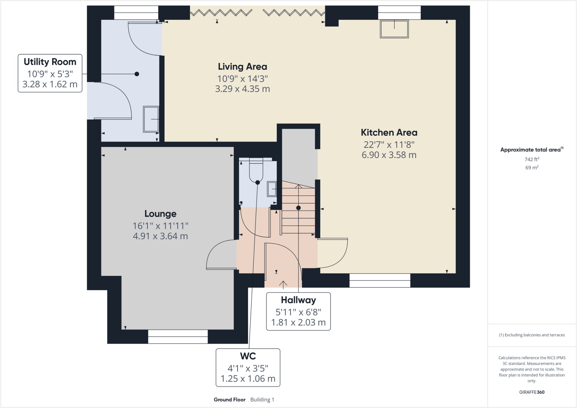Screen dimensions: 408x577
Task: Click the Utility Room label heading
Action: point(50,62)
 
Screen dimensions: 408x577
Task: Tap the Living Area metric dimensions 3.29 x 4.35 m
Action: point(242,89)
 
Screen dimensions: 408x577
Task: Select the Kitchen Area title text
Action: point(389,133)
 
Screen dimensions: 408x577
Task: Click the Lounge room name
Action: point(160,214)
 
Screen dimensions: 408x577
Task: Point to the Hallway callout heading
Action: point(298,300)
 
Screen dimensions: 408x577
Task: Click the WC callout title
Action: point(248,356)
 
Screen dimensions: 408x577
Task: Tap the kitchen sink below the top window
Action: point(394,29)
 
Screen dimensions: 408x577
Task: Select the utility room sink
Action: point(151,119)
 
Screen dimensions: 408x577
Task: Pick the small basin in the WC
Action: point(272,189)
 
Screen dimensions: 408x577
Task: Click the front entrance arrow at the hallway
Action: point(283,284)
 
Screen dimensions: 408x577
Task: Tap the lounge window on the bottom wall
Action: point(178,336)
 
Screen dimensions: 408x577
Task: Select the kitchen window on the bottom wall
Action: point(380,280)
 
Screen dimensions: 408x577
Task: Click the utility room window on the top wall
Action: point(136,13)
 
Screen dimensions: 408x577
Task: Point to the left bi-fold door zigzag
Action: point(221,13)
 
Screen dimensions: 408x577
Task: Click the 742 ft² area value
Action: point(532,159)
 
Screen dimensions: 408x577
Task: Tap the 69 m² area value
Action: point(532,168)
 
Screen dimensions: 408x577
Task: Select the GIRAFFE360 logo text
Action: point(532,392)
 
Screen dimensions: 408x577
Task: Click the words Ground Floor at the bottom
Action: point(229,400)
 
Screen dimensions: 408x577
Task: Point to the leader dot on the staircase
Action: point(298,208)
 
